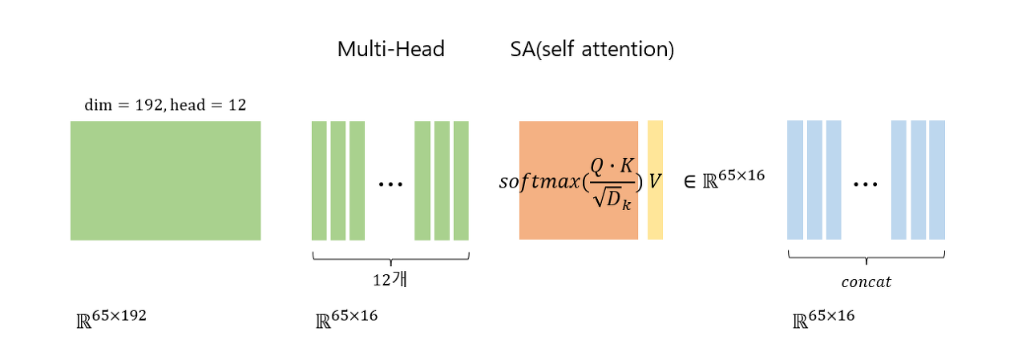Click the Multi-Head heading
tap(390, 50)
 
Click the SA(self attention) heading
tap(592, 50)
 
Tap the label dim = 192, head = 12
tap(165, 104)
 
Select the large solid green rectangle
tap(165, 180)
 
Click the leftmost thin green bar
tap(319, 180)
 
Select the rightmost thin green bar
tap(461, 180)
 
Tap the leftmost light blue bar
tap(794, 180)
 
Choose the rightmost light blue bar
tap(937, 180)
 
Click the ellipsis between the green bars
tap(390, 184)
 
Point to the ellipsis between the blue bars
tap(866, 184)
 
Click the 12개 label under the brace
tap(390, 281)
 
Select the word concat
tap(866, 282)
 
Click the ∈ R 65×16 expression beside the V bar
tap(724, 180)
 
